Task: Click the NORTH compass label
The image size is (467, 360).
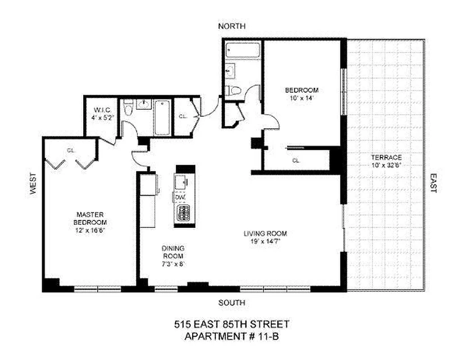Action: (x=231, y=27)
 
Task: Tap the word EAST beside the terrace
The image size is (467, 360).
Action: (x=433, y=184)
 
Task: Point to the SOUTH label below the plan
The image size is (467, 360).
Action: (x=231, y=302)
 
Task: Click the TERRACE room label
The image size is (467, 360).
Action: (x=386, y=158)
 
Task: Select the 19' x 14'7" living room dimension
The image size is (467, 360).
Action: (x=265, y=241)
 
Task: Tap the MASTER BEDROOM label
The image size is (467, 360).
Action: (x=91, y=219)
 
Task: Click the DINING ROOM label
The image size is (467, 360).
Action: (x=173, y=252)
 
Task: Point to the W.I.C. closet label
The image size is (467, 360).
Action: (x=100, y=110)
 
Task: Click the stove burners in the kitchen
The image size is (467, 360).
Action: (x=183, y=213)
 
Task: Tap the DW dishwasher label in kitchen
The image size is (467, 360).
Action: (x=180, y=197)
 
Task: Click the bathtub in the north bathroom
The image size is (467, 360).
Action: (x=242, y=49)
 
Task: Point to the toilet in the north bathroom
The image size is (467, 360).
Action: (x=234, y=90)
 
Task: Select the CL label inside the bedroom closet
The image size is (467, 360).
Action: (x=296, y=160)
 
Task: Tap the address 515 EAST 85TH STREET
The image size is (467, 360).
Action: (x=231, y=324)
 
